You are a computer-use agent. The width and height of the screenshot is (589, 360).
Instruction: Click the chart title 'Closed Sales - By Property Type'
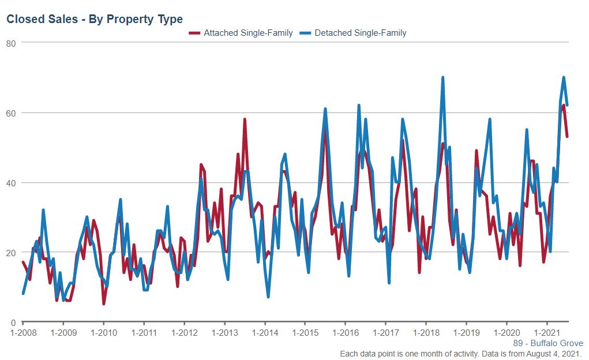95,20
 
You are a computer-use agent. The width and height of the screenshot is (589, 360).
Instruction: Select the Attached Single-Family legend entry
242,33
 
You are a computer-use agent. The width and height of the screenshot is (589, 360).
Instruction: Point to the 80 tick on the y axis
10,43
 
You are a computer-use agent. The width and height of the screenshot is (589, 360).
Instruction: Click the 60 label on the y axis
10,112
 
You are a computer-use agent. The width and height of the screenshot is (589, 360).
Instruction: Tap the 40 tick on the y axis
10,183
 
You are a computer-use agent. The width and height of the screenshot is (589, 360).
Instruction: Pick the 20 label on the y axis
10,253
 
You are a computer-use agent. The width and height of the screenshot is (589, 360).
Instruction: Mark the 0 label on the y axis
13,322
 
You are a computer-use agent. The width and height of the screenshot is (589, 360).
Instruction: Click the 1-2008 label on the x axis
23,333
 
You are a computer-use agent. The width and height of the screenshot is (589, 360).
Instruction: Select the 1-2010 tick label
104,333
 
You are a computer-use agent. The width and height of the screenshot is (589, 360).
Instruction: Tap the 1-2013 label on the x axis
224,333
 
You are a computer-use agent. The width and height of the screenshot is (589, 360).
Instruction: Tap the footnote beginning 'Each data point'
460,354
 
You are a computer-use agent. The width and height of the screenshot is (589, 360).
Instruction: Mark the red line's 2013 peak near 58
245,119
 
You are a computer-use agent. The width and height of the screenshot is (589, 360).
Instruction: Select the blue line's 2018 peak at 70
442,77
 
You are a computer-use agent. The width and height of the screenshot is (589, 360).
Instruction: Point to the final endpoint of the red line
567,137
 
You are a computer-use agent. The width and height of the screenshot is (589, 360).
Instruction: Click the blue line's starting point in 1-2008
23,294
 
